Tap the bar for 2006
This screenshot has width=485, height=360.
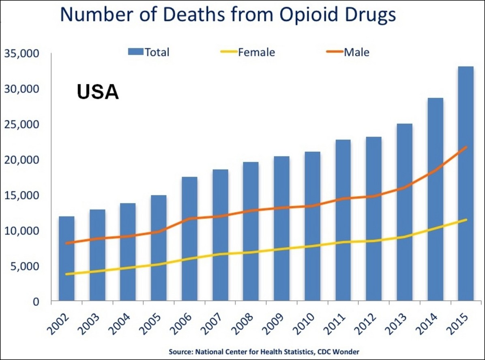(189, 239)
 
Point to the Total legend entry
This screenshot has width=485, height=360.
(148, 52)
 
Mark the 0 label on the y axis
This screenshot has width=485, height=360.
(36, 302)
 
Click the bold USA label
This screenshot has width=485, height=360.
(98, 92)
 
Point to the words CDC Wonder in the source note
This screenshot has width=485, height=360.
(339, 351)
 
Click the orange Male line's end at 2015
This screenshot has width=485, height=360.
(466, 147)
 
